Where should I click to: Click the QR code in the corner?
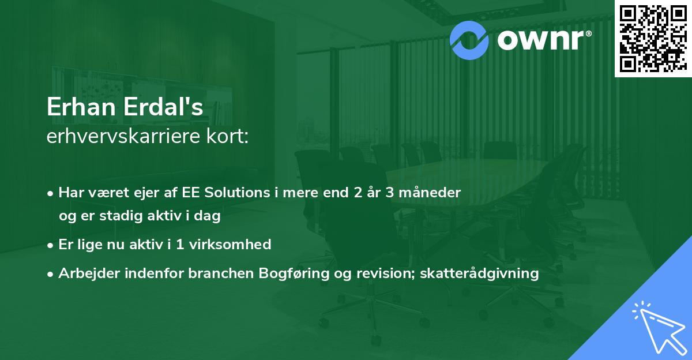653,38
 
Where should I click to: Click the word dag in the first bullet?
208,217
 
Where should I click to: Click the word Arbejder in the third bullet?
85,273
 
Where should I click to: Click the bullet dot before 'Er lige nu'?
51,245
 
